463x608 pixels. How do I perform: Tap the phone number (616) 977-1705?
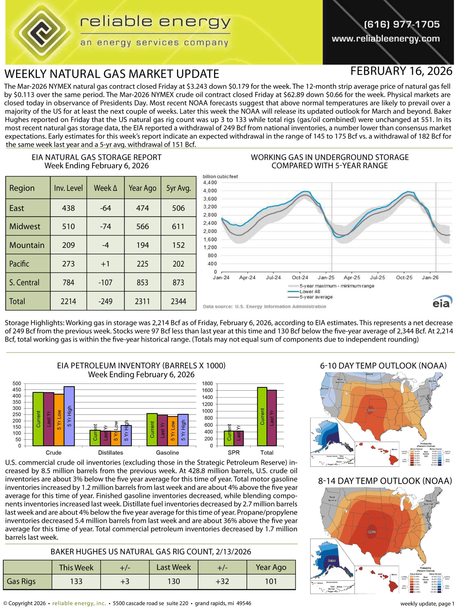pos(402,24)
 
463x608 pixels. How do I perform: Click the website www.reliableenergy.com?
pos(386,39)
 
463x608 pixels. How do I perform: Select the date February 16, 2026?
pos(401,71)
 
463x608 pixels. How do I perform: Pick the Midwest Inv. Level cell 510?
pos(68,226)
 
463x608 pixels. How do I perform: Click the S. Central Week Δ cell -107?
pos(105,282)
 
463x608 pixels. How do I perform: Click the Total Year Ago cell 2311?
pos(142,301)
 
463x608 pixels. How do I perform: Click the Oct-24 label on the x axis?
pos(300,278)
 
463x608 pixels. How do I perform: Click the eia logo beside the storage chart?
pos(442,302)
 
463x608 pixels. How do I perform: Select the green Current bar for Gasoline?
pos(152,429)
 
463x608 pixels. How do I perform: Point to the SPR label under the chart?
pos(234,452)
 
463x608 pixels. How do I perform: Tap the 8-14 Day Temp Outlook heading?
pos(385,481)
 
